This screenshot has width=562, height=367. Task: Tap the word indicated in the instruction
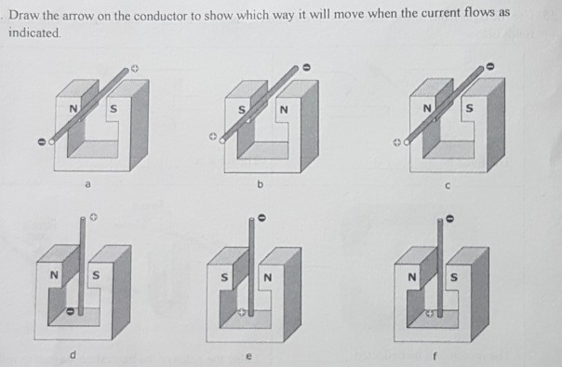point(34,32)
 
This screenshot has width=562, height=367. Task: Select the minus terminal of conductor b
point(308,67)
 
